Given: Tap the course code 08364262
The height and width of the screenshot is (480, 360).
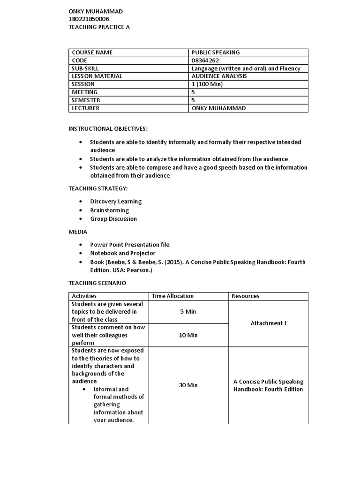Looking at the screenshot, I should tap(205, 60).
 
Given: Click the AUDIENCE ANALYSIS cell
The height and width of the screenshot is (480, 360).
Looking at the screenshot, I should tap(219, 76).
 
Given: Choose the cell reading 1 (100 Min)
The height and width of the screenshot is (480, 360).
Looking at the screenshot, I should tap(207, 84).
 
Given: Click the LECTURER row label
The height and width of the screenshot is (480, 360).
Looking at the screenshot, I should tap(85, 108).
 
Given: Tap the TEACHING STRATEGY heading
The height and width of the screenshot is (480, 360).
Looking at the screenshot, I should tap(98, 188).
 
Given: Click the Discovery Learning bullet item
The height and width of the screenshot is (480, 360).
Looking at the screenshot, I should tap(116, 202).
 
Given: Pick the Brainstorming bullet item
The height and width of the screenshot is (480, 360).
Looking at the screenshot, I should tap(109, 210).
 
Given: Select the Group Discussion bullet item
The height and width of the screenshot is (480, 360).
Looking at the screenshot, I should tap(113, 219).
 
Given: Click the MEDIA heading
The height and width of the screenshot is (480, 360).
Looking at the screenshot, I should tap(78, 232).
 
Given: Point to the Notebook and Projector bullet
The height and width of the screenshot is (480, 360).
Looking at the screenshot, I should tap(122, 253).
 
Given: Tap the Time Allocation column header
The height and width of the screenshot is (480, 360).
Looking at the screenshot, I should tap(172, 296).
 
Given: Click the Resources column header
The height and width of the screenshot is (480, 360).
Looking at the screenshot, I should tap(245, 296).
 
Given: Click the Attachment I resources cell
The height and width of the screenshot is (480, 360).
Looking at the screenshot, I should tap(268, 323).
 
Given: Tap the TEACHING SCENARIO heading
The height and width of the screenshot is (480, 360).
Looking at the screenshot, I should tap(97, 283).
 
